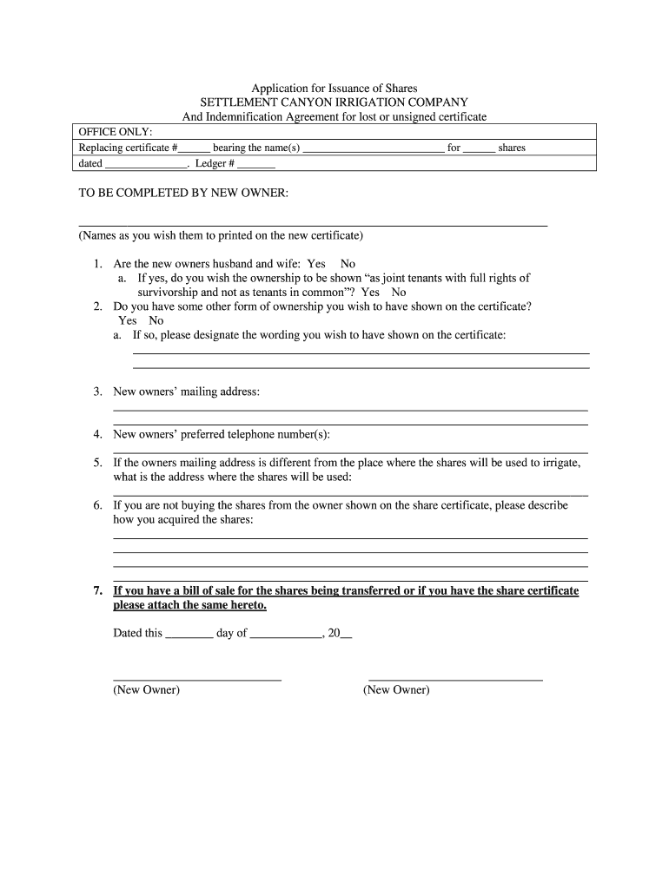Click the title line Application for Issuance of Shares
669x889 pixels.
334,89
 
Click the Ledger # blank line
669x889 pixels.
256,165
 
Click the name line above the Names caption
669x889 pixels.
313,224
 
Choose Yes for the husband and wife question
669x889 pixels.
316,264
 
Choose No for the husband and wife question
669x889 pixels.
348,264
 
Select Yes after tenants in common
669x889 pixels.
371,293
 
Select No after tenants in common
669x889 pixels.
399,293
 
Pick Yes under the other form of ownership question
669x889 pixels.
128,320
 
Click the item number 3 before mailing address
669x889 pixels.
98,392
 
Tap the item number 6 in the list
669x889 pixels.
98,505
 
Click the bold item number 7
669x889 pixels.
98,591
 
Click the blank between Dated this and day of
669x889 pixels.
189,635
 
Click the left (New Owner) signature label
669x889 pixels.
147,690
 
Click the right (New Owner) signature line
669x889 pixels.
455,677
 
